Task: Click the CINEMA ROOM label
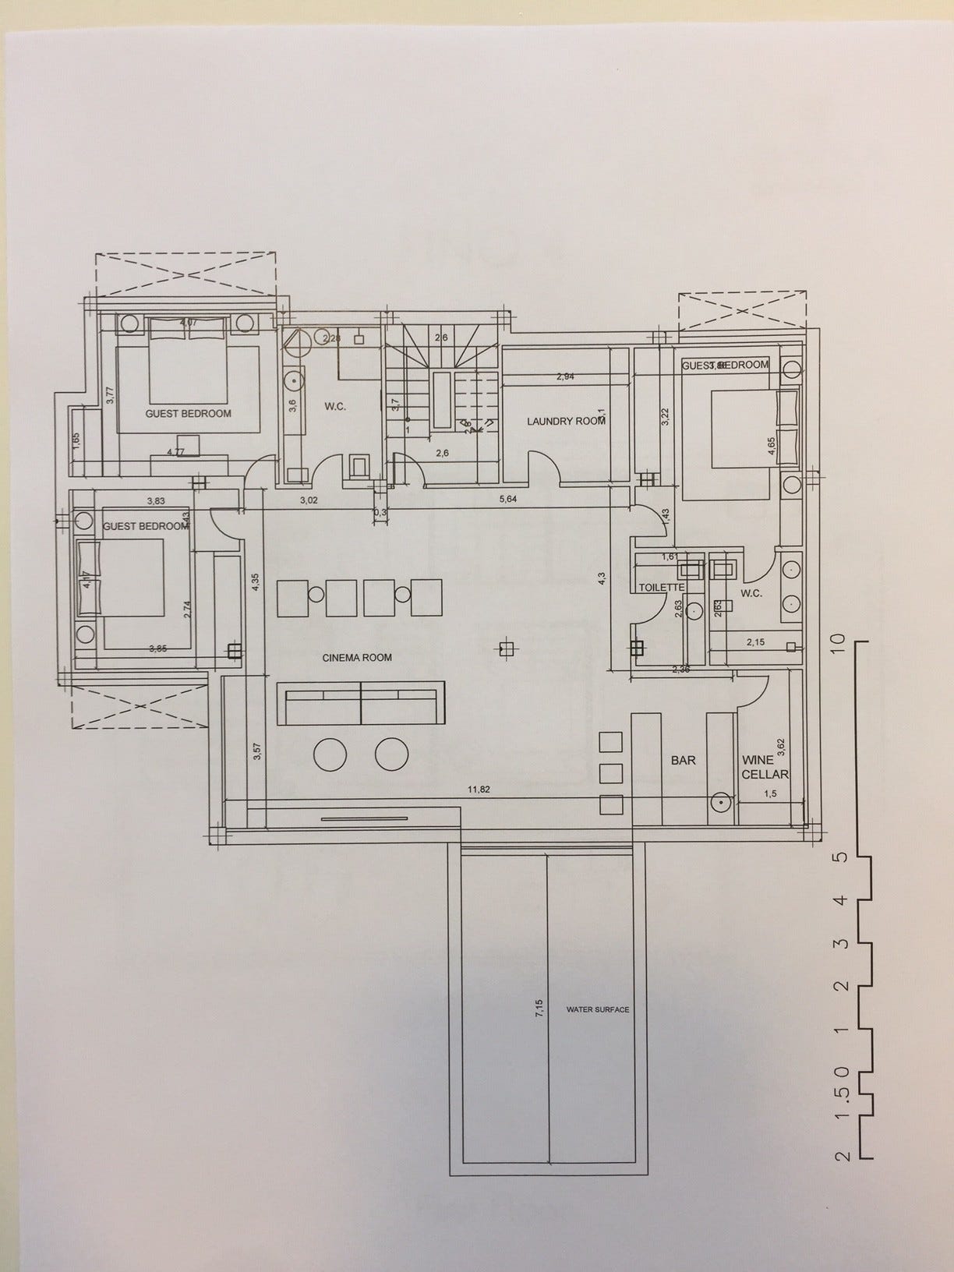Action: [x=357, y=658]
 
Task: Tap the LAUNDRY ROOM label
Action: [x=566, y=422]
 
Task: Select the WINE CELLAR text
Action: [x=765, y=767]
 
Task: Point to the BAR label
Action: [x=683, y=760]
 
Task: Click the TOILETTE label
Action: [x=661, y=588]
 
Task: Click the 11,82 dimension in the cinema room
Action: [x=479, y=790]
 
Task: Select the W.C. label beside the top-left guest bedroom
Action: [x=335, y=407]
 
